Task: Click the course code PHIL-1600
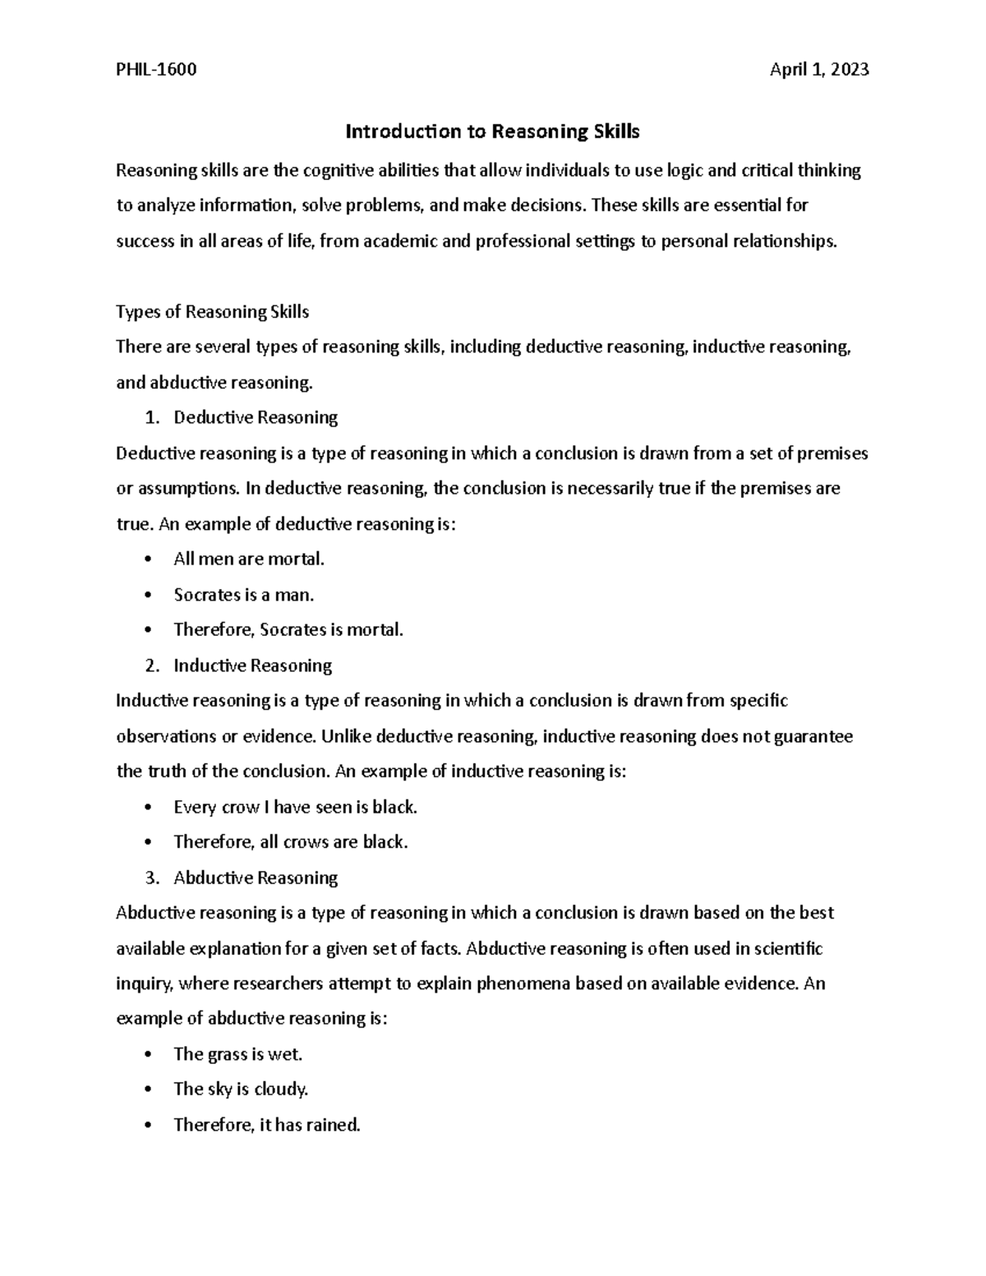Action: (x=156, y=70)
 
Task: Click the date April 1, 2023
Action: (x=818, y=70)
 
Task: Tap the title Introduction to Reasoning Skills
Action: (x=492, y=131)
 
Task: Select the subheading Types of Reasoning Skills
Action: (x=213, y=312)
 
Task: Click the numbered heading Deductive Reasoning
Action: (x=256, y=418)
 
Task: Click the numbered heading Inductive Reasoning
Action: (x=252, y=666)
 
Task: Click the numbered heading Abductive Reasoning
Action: (x=256, y=878)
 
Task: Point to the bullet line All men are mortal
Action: (x=249, y=560)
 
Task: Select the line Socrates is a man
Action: (x=244, y=595)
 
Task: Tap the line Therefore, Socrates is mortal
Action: (x=288, y=630)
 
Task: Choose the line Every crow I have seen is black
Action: (x=295, y=808)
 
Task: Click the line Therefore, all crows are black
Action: (x=290, y=843)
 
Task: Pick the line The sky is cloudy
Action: (x=241, y=1090)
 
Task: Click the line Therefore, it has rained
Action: (x=267, y=1126)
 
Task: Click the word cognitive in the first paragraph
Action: (x=335, y=171)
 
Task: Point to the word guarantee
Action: (x=813, y=737)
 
